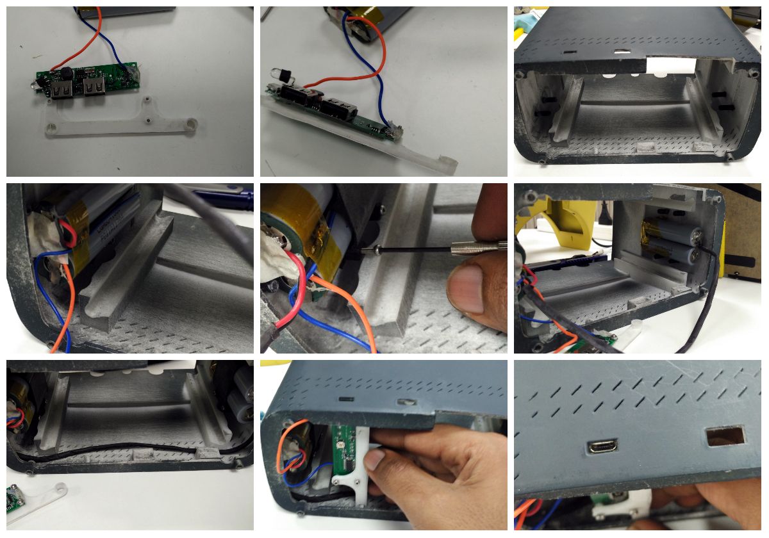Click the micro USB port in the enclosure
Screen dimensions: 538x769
(600, 446)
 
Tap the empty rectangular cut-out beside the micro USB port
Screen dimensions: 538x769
(725, 436)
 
